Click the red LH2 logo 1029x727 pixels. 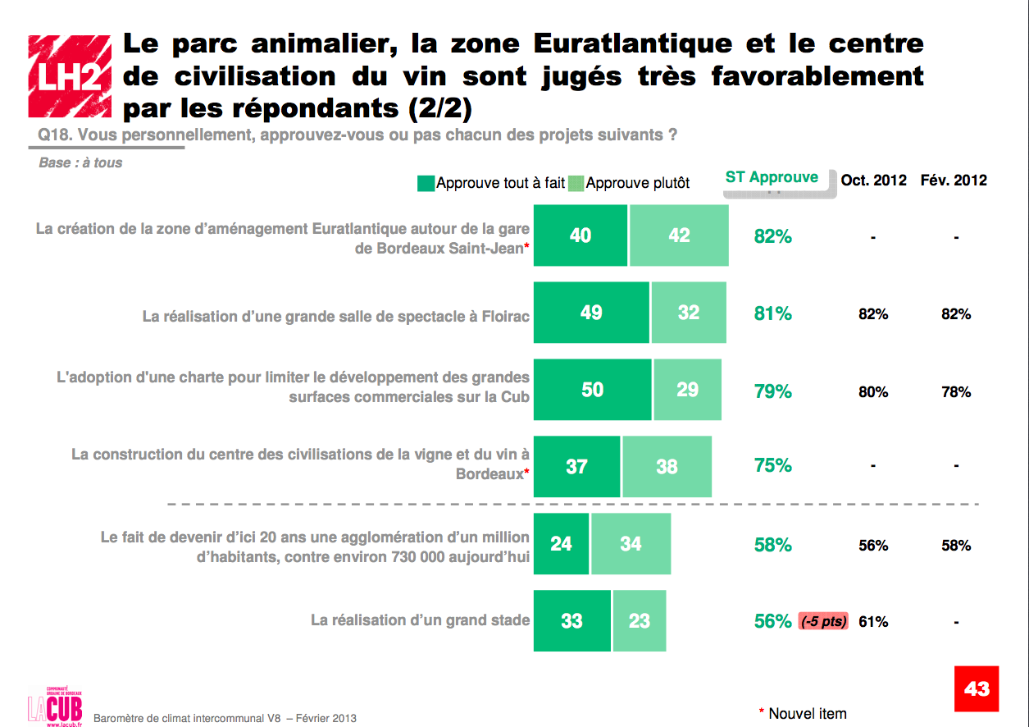click(69, 75)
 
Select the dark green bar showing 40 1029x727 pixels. click(581, 235)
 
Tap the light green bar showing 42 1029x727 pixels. click(679, 235)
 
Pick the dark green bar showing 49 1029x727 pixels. click(591, 313)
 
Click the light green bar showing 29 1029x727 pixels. click(687, 390)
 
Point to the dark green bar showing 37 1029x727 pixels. click(576, 466)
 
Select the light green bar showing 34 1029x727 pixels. click(630, 543)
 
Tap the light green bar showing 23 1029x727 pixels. click(639, 621)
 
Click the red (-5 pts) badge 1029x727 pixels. click(823, 621)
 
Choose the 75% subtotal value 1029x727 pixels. click(772, 466)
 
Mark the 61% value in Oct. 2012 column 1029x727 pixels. click(873, 622)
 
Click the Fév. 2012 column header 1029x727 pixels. click(954, 181)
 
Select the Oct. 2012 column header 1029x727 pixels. click(873, 181)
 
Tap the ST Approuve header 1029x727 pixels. click(772, 178)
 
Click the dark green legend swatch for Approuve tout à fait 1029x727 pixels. click(426, 184)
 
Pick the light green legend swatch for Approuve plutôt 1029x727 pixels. click(576, 184)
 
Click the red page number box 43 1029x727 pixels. click(976, 688)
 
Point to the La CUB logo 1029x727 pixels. click(55, 704)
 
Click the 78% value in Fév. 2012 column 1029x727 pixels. click(956, 392)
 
